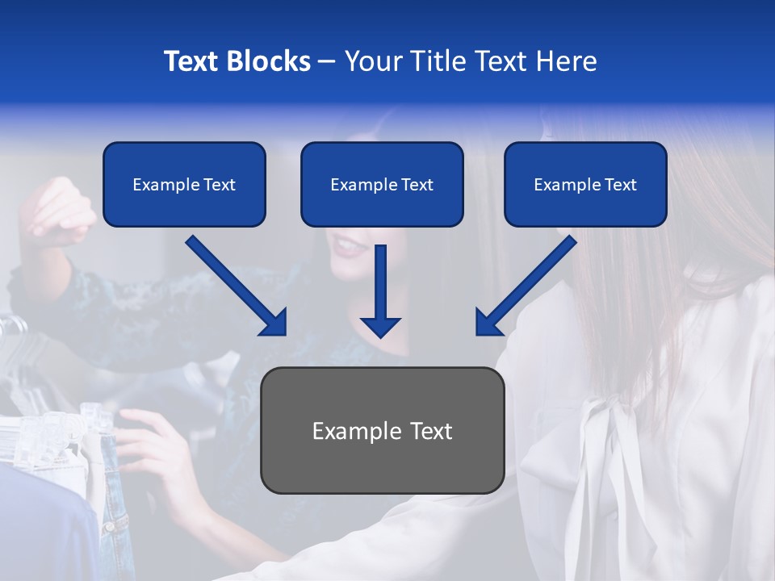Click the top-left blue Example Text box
click(184, 185)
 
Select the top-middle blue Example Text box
click(382, 185)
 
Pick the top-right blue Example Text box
click(585, 185)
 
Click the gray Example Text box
click(382, 431)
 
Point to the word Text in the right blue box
click(620, 185)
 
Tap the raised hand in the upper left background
click(57, 210)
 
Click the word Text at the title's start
click(191, 61)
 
